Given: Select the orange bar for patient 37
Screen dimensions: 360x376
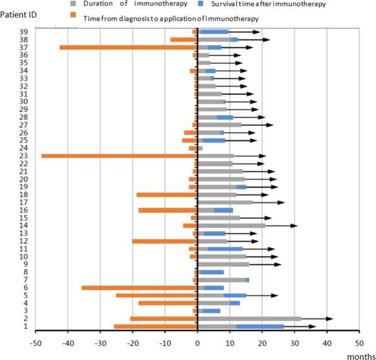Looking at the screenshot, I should (x=128, y=47).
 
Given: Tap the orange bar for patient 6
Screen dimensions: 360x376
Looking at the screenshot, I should (x=140, y=288).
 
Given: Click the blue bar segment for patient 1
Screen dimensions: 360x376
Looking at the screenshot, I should (x=260, y=327).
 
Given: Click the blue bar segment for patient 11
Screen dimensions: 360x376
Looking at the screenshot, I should (x=225, y=249).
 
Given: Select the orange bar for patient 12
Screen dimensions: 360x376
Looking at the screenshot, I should (x=165, y=241).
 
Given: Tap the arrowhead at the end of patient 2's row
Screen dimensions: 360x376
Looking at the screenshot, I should (x=330, y=318).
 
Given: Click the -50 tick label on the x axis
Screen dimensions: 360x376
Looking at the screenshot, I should (x=35, y=341).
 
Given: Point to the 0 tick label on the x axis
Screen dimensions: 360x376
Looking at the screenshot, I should (x=197, y=341).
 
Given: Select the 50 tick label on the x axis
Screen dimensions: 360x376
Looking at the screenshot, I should (x=358, y=341).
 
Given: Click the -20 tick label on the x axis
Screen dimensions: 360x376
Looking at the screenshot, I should (x=133, y=341).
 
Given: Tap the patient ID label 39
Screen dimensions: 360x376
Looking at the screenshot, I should (x=22, y=31).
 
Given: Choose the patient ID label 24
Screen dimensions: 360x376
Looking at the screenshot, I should (x=22, y=148).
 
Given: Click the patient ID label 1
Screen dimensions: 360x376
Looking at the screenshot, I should (x=25, y=327).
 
